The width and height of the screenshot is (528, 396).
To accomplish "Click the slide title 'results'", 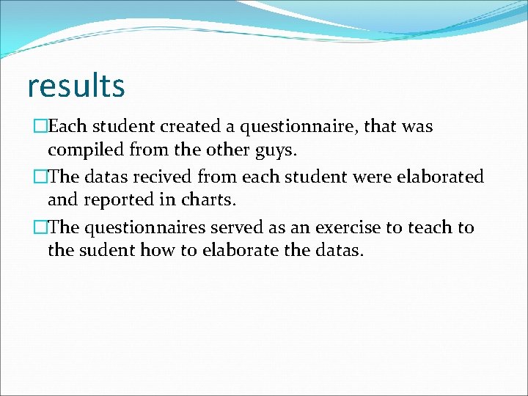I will (76, 86).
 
